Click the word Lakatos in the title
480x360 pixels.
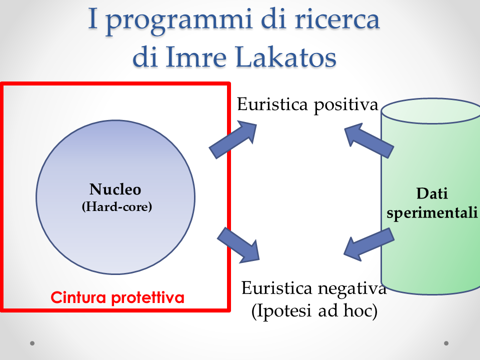coord(286,57)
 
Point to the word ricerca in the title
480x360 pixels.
coord(337,19)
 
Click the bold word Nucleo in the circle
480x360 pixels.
coord(115,189)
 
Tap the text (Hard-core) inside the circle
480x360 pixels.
coord(117,206)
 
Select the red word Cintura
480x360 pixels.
coord(78,297)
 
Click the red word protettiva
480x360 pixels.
coord(148,298)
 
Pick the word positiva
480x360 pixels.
coord(346,105)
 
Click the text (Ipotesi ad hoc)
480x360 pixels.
coord(314,311)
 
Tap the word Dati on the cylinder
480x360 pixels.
coord(432,193)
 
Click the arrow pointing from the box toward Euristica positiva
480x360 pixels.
coord(233,139)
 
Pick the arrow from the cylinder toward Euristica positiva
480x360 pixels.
coord(369,140)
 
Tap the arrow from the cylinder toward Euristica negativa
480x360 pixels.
coord(369,244)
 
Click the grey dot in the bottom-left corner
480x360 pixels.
coord(32,343)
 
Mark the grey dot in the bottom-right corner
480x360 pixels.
coord(446,343)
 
